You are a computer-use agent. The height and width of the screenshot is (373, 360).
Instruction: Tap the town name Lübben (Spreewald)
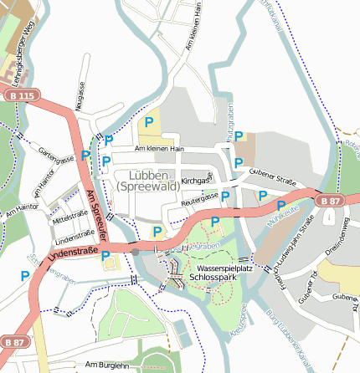155,181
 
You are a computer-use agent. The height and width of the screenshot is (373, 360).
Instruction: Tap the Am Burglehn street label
107,365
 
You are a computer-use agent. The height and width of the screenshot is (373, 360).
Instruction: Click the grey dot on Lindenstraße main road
135,250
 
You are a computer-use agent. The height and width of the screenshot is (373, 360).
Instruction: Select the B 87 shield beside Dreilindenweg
330,201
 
